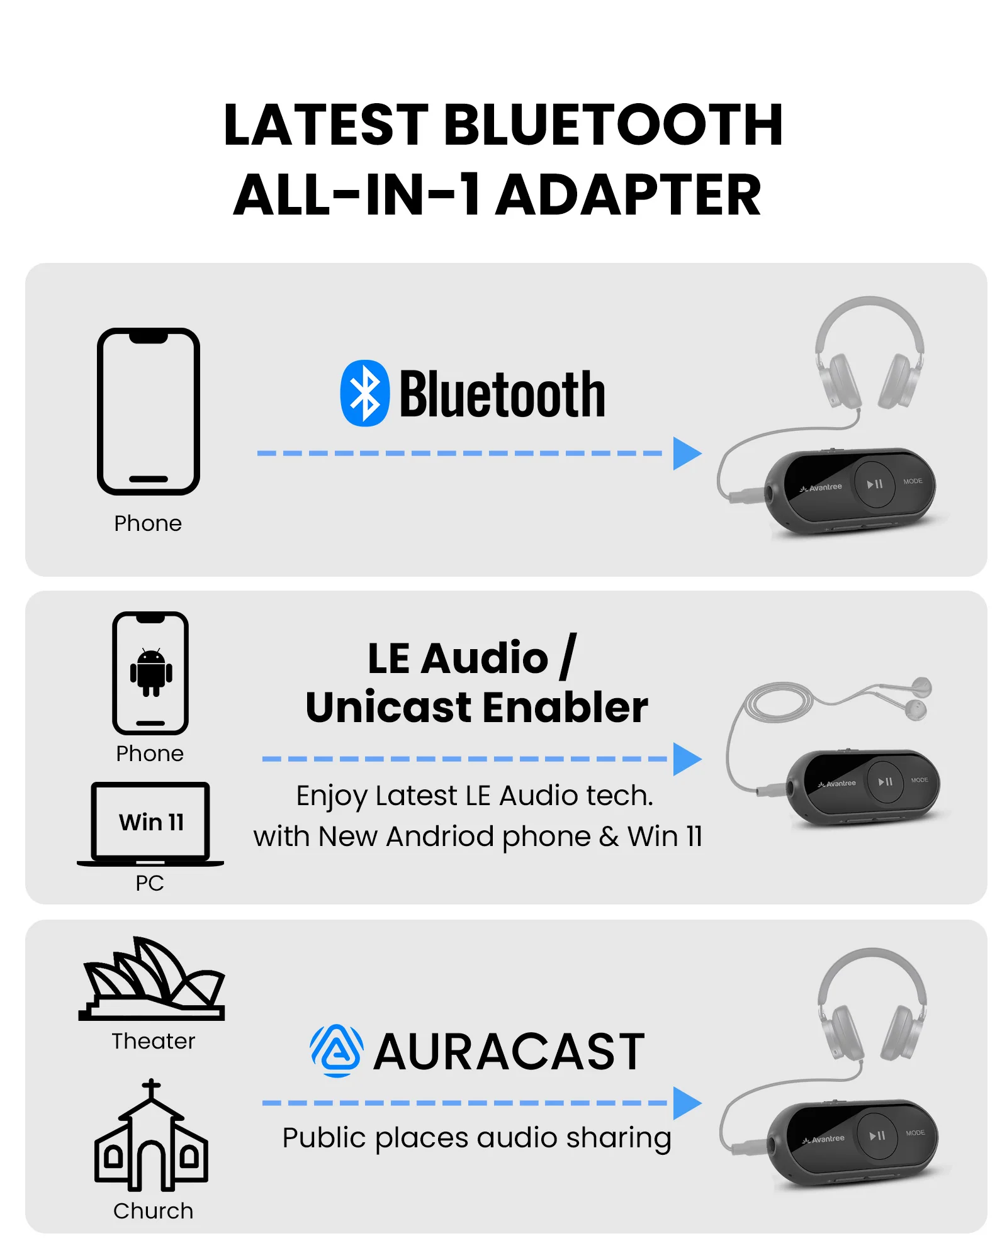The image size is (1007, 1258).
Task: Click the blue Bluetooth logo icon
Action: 364,393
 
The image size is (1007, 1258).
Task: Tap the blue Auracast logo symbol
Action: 337,1051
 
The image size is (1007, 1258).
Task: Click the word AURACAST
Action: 509,1052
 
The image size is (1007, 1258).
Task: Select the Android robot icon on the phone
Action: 151,672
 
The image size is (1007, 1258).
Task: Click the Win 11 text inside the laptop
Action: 151,822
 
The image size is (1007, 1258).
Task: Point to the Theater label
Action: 154,1042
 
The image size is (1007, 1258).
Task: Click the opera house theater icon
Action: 152,979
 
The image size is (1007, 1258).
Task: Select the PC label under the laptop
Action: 150,883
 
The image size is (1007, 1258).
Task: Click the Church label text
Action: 154,1211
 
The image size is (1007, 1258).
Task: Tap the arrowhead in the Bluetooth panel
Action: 687,454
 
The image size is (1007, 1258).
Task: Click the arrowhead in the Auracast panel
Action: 687,1103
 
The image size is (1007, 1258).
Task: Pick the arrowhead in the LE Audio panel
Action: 687,759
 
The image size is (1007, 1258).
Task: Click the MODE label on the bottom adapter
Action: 915,1133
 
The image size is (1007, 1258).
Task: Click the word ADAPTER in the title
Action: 629,195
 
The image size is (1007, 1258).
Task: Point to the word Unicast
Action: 388,707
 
